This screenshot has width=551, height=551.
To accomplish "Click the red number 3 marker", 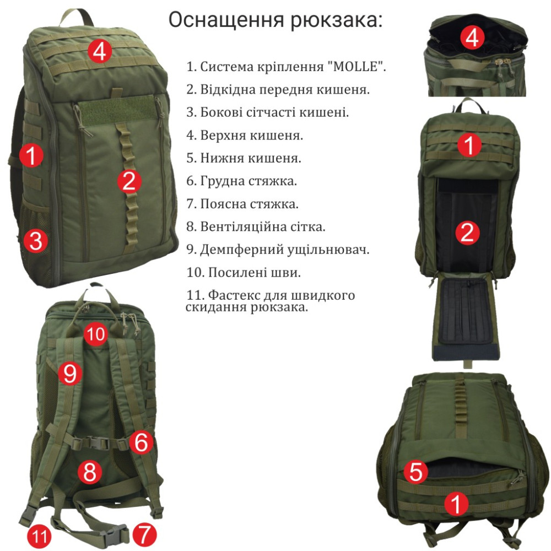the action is point(35,241).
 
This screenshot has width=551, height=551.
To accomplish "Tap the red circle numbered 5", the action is point(415,472).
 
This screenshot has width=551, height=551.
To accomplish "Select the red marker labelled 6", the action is point(141,442).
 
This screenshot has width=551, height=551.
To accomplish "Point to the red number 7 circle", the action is point(144,535).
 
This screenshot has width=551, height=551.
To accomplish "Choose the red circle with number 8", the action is point(90,472).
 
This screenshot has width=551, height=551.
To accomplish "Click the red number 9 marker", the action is point(69,373).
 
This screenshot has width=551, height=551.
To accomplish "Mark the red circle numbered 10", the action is point(96,334).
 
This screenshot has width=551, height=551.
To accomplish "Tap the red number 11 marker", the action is point(39,536).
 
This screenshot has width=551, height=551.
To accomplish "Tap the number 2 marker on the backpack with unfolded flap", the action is point(467,233).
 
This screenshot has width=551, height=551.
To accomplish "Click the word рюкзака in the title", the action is point(337,20).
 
